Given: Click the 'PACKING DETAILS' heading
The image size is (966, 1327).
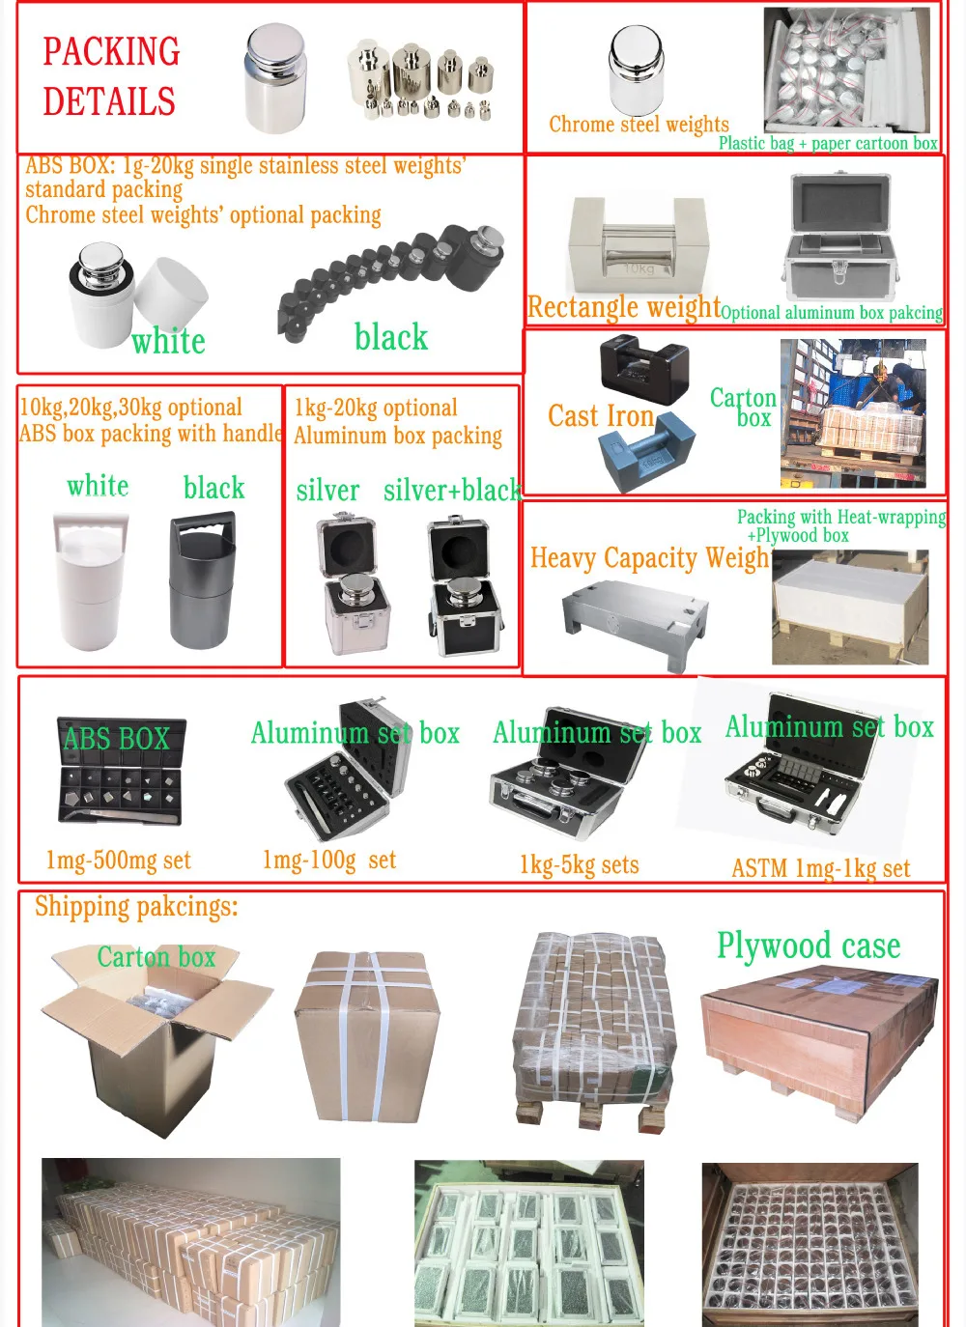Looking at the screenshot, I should [110, 76].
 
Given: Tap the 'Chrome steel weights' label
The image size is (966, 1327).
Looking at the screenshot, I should [639, 125].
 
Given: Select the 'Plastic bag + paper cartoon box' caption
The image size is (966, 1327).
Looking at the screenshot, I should [828, 144].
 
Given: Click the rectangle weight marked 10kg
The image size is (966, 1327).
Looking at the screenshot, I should [638, 247].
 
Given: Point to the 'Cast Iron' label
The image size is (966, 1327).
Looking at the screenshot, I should [601, 416].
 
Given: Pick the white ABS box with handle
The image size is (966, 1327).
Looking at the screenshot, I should [91, 579].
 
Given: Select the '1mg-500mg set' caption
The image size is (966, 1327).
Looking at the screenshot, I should [118, 861].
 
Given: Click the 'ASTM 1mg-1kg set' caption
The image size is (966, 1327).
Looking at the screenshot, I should [820, 868].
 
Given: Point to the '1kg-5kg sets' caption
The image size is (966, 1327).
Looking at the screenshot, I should [579, 864].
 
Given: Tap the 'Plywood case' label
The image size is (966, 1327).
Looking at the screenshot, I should [809, 946].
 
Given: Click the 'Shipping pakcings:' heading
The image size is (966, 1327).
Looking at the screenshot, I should [136, 907].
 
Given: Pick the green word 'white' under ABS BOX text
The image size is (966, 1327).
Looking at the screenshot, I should [168, 342].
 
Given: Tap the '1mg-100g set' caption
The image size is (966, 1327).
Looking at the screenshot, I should [328, 860].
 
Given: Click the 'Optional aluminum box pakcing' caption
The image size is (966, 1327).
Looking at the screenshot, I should [832, 313].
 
